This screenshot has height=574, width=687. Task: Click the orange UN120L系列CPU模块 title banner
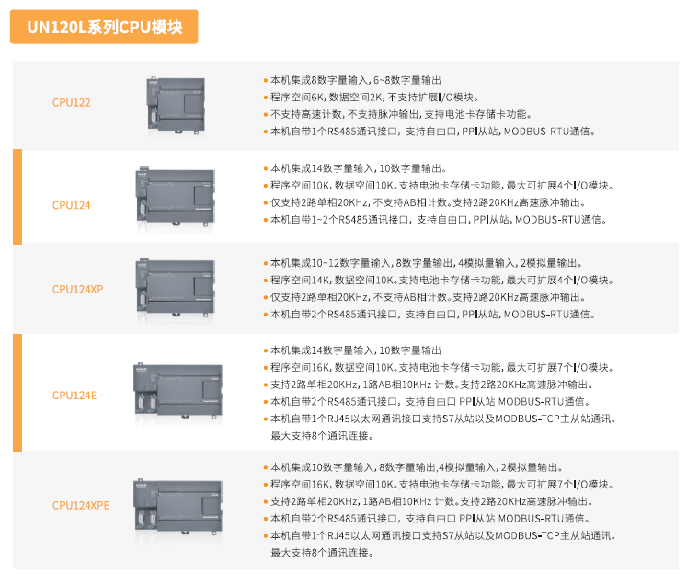tap(104, 27)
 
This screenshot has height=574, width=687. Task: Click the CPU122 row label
tap(71, 103)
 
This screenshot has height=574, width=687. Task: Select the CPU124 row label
tap(71, 205)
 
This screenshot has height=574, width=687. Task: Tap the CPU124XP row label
tap(77, 289)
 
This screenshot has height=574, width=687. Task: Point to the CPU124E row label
tap(74, 395)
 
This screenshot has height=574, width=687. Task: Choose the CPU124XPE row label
tap(80, 505)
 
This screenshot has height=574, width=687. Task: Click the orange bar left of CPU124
tap(17, 197)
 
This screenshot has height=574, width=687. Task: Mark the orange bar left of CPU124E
tap(17, 393)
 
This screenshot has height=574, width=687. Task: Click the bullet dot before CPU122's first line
tap(265, 81)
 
